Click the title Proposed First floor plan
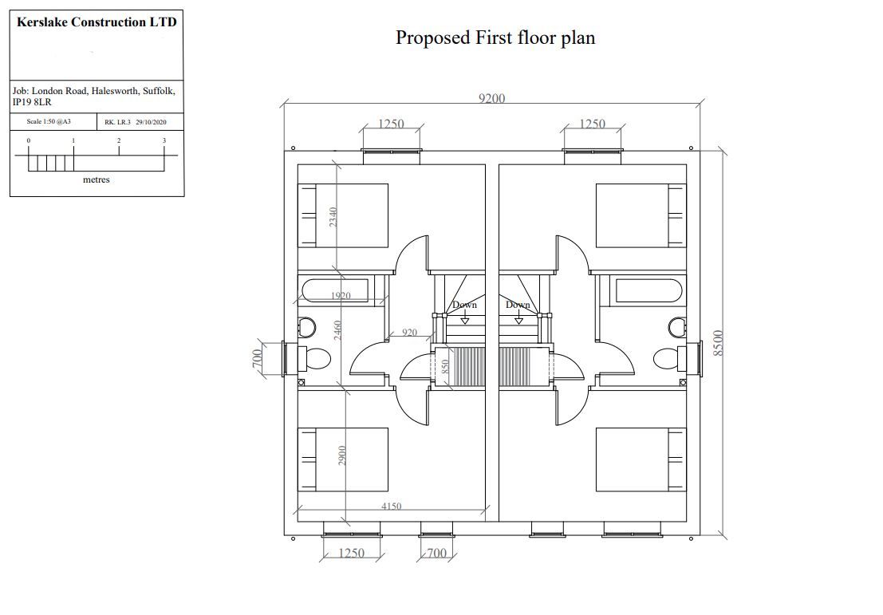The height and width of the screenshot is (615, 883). point(495,37)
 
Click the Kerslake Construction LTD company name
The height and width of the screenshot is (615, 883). point(97,22)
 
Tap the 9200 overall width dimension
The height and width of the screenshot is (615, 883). point(491,98)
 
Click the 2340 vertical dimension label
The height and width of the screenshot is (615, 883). point(334,217)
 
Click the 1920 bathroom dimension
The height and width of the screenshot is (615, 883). point(339,296)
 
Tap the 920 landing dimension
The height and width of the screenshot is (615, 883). point(410,333)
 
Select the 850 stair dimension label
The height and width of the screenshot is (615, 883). point(446,366)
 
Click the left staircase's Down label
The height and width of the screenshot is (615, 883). point(464,305)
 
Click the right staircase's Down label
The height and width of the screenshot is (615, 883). point(518,305)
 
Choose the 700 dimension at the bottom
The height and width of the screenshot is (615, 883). point(436,553)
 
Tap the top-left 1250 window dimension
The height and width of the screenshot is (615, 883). point(391,124)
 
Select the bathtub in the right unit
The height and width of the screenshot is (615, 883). point(648,290)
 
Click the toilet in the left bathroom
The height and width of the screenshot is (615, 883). point(317,359)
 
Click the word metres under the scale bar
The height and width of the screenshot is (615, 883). point(97,179)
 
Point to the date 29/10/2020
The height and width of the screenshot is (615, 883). point(151,123)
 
